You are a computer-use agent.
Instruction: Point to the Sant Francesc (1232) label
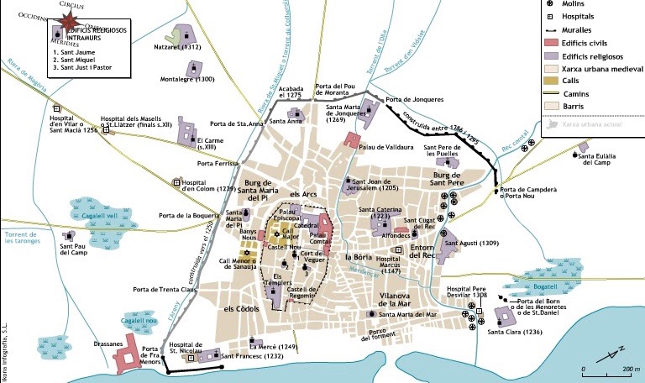[251, 357]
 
